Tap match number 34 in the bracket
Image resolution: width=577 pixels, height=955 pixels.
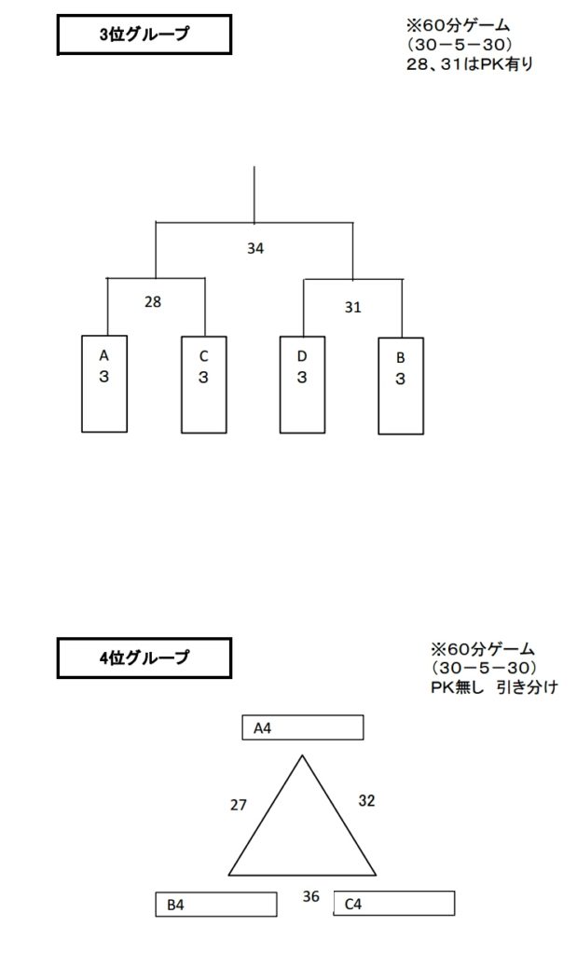click(x=255, y=248)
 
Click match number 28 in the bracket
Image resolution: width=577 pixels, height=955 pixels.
click(x=153, y=301)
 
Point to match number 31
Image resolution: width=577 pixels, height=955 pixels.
click(x=353, y=307)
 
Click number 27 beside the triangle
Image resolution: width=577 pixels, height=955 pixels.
click(x=238, y=805)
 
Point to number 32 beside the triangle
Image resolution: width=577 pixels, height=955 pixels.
click(x=366, y=800)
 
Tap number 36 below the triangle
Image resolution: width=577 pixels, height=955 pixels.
click(x=311, y=896)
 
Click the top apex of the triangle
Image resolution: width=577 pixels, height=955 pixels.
click(x=302, y=755)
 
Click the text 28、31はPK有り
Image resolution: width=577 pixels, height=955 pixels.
click(x=469, y=64)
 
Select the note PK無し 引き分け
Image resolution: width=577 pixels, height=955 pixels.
click(x=494, y=687)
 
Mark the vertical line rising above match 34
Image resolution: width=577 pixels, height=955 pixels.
click(x=254, y=195)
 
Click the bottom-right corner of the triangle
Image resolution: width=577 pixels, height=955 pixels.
click(x=377, y=875)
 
